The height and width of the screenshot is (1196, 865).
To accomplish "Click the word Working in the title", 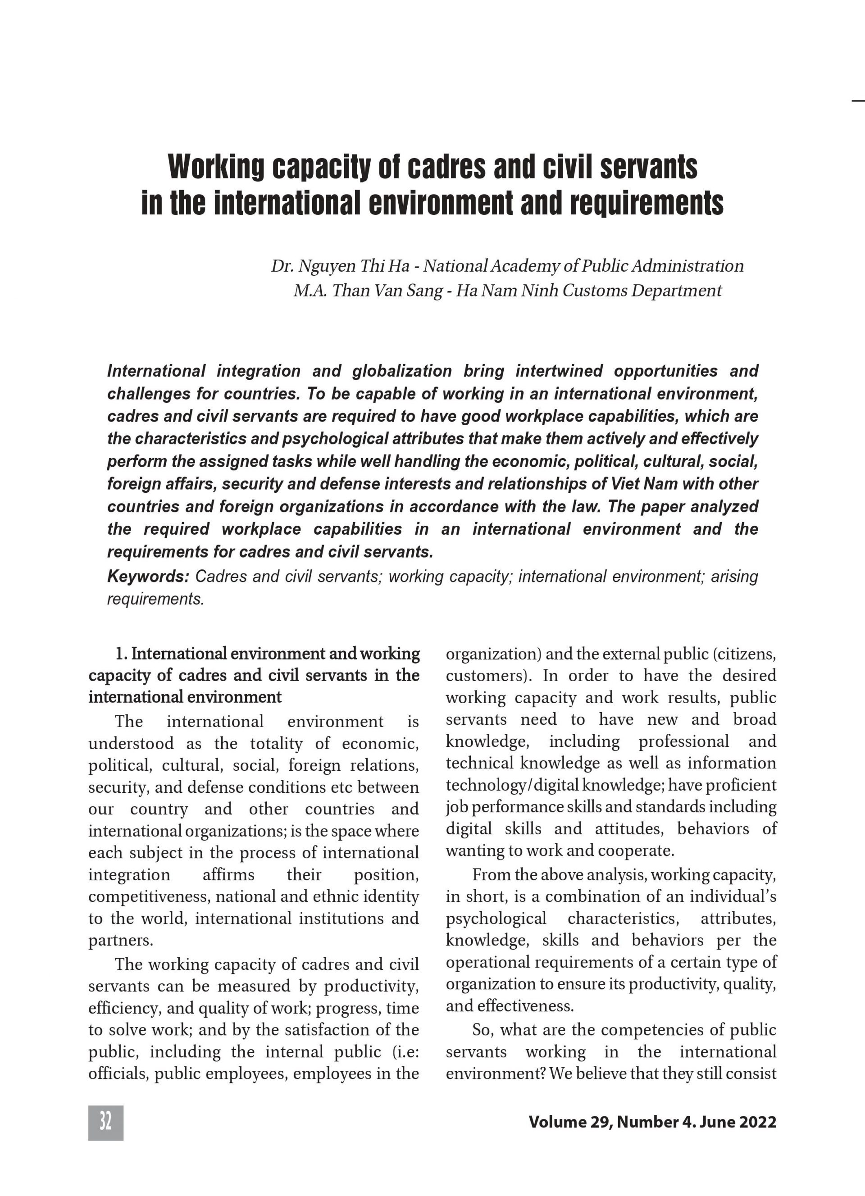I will pos(216,167).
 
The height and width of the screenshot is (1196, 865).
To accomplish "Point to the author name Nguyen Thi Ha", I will pos(353,266).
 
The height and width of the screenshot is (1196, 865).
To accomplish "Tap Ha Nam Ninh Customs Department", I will pos(588,291).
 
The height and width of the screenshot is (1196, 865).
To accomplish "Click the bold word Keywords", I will pos(148,577).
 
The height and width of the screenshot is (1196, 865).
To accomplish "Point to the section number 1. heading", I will pos(121,654).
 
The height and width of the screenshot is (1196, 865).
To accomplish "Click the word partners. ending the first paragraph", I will pos(121,940).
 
